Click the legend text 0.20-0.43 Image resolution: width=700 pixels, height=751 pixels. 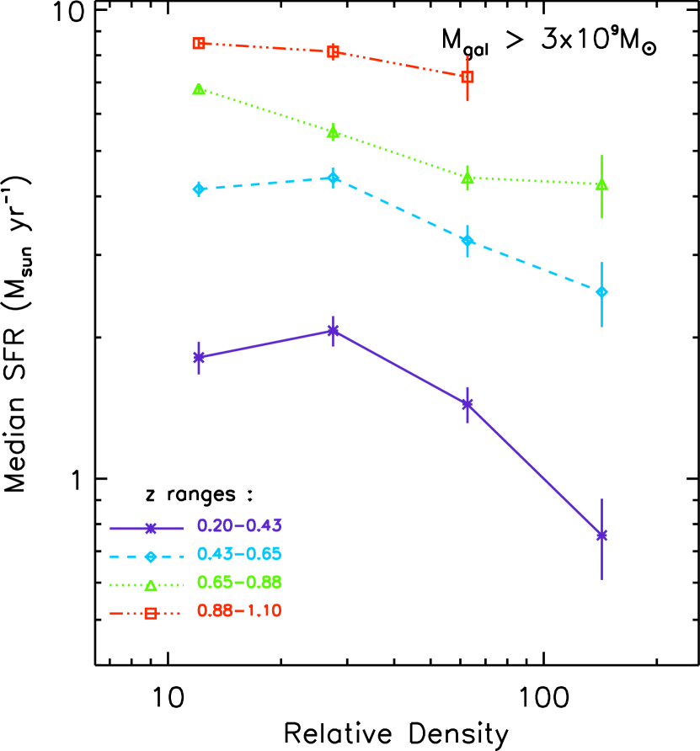pos(239,525)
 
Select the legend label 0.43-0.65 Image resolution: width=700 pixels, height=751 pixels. pos(239,554)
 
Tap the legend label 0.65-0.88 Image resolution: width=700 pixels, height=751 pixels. pos(239,582)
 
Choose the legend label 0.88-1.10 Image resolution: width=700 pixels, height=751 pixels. pos(239,610)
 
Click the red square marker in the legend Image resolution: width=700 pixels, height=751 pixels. pos(151,613)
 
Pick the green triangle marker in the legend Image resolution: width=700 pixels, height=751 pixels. pos(151,585)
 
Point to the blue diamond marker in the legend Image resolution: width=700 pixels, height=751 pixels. pos(151,557)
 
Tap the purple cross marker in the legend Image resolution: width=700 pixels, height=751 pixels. pos(151,528)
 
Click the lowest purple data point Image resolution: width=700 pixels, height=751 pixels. pos(601,535)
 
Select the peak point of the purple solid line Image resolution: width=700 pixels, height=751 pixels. pos(333,330)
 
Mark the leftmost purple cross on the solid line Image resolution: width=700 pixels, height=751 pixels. pos(199,357)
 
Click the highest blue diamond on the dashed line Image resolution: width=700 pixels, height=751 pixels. pos(333,178)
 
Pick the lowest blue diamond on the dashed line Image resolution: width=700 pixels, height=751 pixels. pos(601,292)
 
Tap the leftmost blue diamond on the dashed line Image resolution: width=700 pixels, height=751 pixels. pos(199,189)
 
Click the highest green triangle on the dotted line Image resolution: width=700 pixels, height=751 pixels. pos(199,88)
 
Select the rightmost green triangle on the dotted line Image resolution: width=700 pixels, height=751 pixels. pos(601,184)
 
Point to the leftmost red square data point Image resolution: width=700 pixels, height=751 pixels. pos(199,43)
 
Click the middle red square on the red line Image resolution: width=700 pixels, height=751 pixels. pos(333,51)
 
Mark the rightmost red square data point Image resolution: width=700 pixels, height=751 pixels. pos(468,77)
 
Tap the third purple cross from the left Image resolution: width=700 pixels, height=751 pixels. pos(468,405)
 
